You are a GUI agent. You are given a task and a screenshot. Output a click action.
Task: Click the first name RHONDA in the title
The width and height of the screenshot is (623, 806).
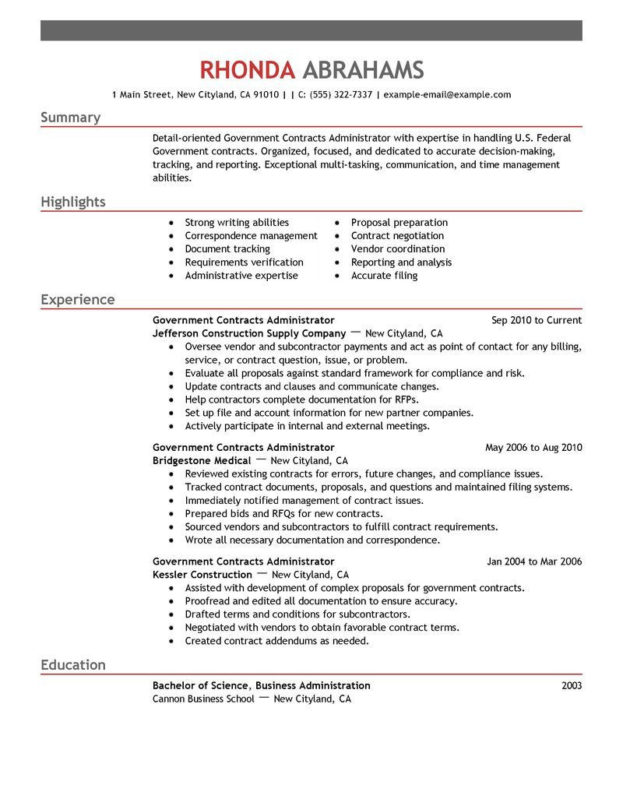(247, 70)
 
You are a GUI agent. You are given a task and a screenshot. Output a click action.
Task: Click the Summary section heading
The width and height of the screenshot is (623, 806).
(70, 118)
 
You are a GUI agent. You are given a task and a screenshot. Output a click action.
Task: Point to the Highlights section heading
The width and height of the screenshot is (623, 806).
(72, 202)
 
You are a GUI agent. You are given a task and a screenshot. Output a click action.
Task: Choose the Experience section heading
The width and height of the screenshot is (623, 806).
(77, 300)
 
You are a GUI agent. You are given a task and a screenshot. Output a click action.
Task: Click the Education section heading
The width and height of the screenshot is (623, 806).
(72, 665)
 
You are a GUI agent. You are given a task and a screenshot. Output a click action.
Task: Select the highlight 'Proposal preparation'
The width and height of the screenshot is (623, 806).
(399, 223)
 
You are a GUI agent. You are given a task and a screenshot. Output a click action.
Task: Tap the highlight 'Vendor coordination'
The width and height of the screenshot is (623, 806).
(397, 249)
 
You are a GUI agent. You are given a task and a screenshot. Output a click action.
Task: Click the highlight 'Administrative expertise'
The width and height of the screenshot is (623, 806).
(241, 276)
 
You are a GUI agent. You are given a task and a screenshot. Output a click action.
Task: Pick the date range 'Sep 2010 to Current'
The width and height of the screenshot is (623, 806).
(537, 320)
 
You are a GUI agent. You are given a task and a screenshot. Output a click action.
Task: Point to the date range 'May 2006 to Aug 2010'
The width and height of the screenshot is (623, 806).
(533, 448)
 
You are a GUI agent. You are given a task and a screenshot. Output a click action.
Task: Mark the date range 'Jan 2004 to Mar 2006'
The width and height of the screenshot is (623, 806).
(534, 561)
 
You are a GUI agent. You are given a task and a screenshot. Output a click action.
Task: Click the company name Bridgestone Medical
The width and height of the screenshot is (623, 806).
(201, 461)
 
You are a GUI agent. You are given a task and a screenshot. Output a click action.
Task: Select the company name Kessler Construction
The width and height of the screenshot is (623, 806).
(202, 575)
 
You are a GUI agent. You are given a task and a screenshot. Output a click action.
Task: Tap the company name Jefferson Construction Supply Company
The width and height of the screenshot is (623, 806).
(248, 333)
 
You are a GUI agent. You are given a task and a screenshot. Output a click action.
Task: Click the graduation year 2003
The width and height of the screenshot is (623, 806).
(571, 686)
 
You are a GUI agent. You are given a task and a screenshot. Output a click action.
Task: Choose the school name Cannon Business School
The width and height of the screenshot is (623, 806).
(203, 699)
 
